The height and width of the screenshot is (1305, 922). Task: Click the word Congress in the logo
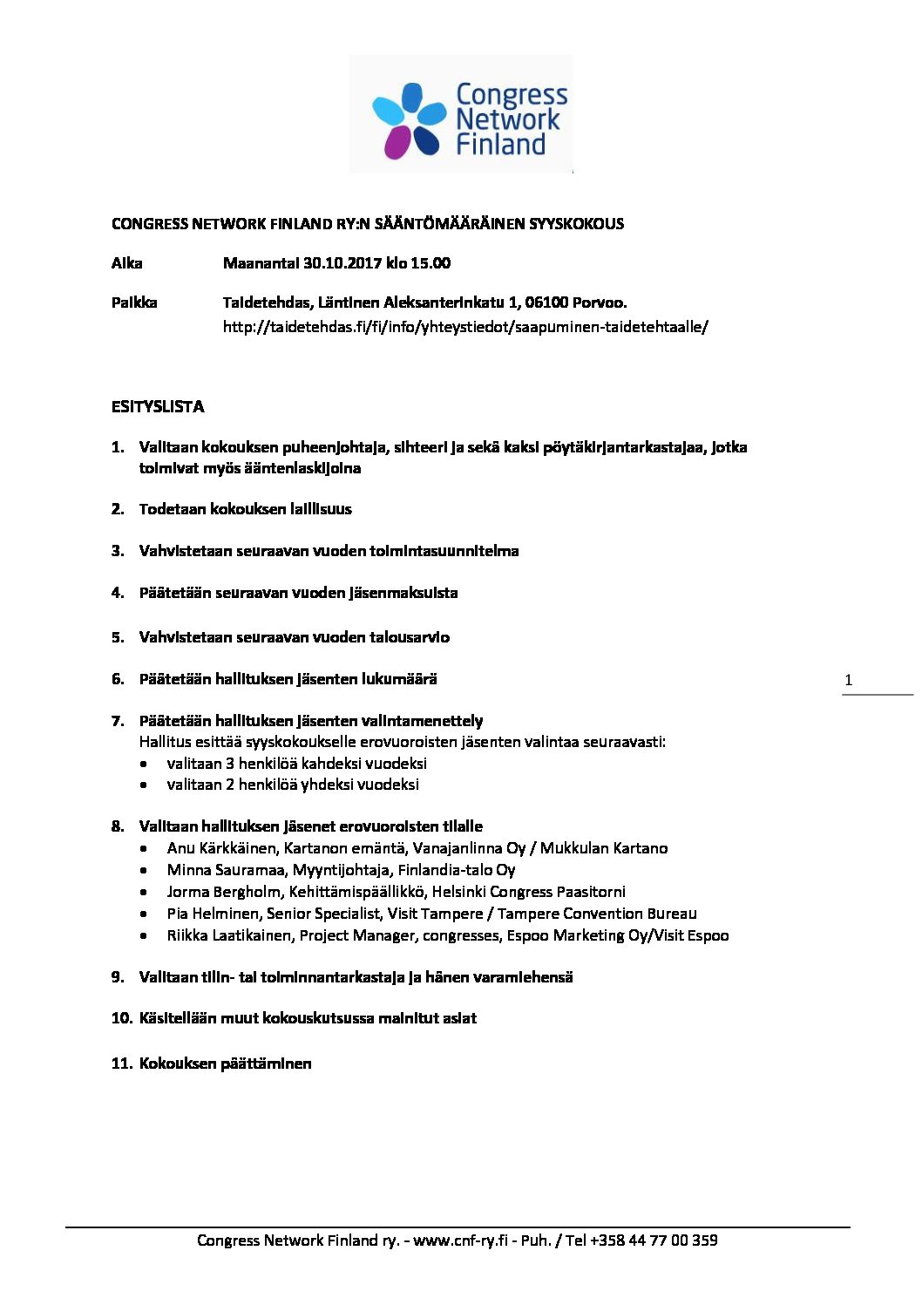pyautogui.click(x=512, y=94)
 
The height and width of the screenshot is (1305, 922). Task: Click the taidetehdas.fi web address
pyautogui.click(x=465, y=327)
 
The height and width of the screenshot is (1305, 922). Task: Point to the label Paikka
pyautogui.click(x=134, y=302)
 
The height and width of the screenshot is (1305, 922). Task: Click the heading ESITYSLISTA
pyautogui.click(x=158, y=407)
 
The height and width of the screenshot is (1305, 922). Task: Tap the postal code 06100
pyautogui.click(x=546, y=302)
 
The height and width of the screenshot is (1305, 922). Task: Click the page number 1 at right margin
pyautogui.click(x=849, y=680)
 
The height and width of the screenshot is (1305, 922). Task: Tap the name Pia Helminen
pyautogui.click(x=213, y=914)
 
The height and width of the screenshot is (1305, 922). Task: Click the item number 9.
pyautogui.click(x=118, y=977)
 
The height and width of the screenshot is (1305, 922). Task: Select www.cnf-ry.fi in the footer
pyautogui.click(x=459, y=1240)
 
